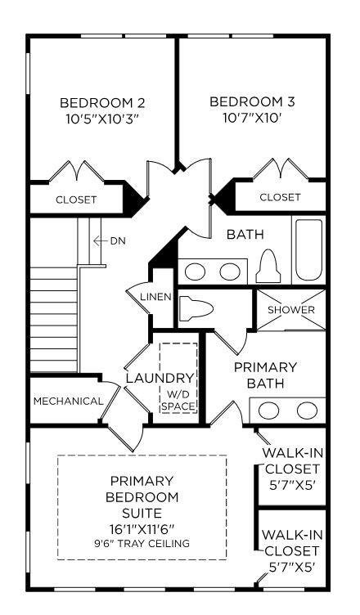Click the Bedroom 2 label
point(102,103)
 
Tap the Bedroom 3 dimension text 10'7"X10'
point(252,119)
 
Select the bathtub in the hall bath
point(309,250)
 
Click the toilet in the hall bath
point(268,267)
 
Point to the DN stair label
point(118,240)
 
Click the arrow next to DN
point(100,240)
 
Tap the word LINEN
point(155,297)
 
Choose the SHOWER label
point(291,310)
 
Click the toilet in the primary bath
point(196,307)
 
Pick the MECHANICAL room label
point(68,402)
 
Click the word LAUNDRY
point(160,379)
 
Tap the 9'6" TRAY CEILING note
point(142,544)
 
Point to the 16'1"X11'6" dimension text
point(142,528)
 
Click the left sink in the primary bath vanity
point(268,411)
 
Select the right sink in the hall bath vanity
point(230,272)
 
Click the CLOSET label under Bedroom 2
point(76,200)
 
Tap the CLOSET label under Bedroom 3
point(280,197)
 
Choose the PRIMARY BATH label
point(265,375)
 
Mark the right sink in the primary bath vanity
point(307,411)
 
